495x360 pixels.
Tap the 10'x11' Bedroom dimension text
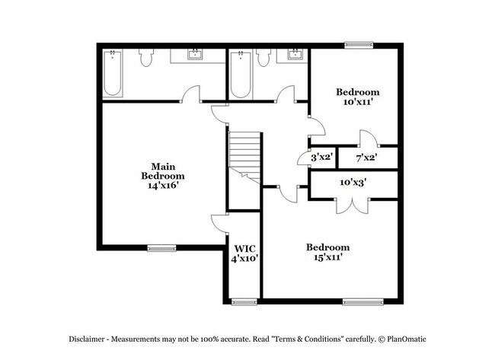358,101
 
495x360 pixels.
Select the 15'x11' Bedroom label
327,252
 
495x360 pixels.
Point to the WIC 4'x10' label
244,253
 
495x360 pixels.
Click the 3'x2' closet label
320,158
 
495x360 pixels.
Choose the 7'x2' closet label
367,158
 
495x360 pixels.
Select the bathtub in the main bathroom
113,74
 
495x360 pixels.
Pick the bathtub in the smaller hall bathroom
241,74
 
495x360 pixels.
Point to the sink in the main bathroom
196,54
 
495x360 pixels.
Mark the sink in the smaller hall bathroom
294,54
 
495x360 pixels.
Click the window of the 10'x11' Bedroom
358,43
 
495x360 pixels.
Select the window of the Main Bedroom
161,247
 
